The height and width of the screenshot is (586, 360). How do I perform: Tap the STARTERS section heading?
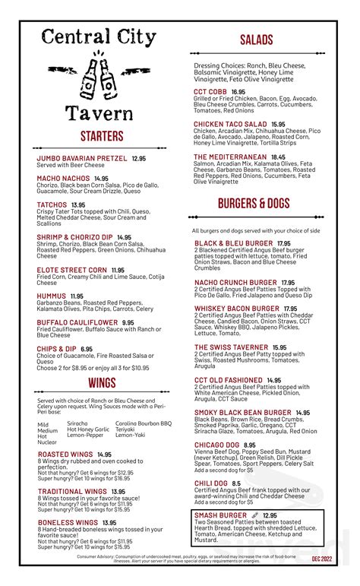click(x=102, y=136)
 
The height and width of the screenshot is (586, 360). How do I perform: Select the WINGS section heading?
click(x=102, y=382)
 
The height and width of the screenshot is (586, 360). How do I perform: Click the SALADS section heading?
click(x=256, y=40)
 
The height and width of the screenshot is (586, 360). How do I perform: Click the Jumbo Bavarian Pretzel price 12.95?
click(x=138, y=159)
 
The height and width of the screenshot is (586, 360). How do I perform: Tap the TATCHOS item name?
click(x=52, y=205)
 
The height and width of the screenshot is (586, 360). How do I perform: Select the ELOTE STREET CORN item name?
click(x=71, y=270)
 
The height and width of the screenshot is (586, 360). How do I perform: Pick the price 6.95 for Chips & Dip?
click(x=87, y=349)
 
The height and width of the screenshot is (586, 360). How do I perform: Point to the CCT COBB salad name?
click(x=210, y=91)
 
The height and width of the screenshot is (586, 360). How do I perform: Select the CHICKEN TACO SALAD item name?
click(x=230, y=124)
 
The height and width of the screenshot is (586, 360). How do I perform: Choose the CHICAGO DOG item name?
click(x=218, y=445)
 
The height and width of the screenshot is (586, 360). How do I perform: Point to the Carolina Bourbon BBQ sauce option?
click(x=144, y=423)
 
